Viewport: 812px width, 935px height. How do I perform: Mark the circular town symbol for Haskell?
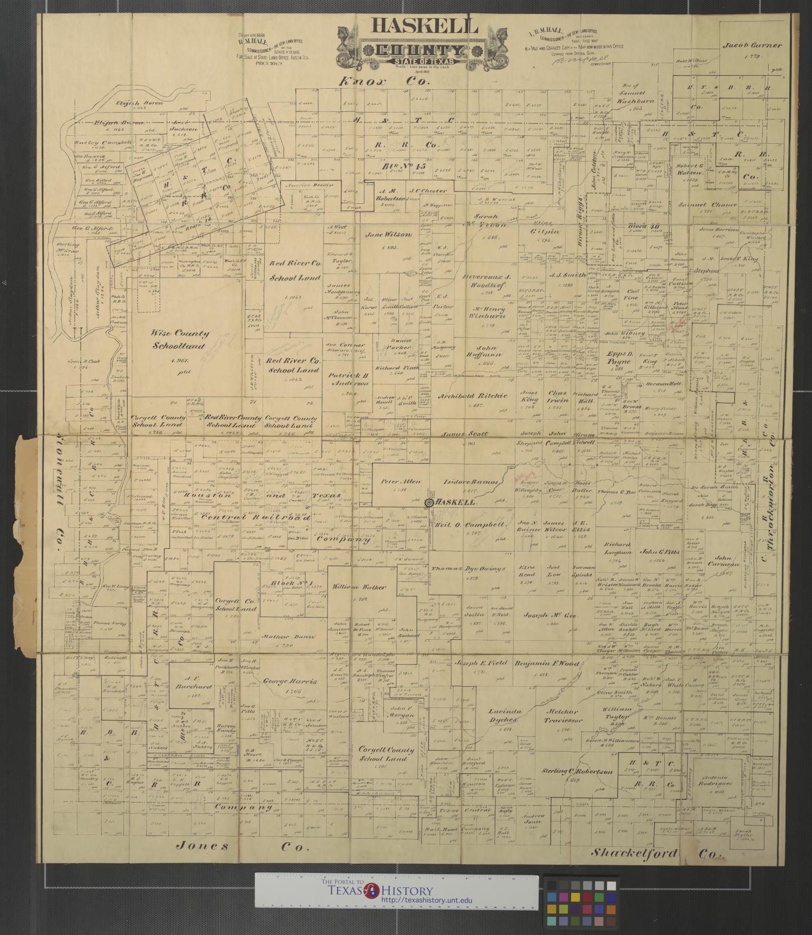[429, 502]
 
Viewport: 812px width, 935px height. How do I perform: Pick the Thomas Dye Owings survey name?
[468, 568]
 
